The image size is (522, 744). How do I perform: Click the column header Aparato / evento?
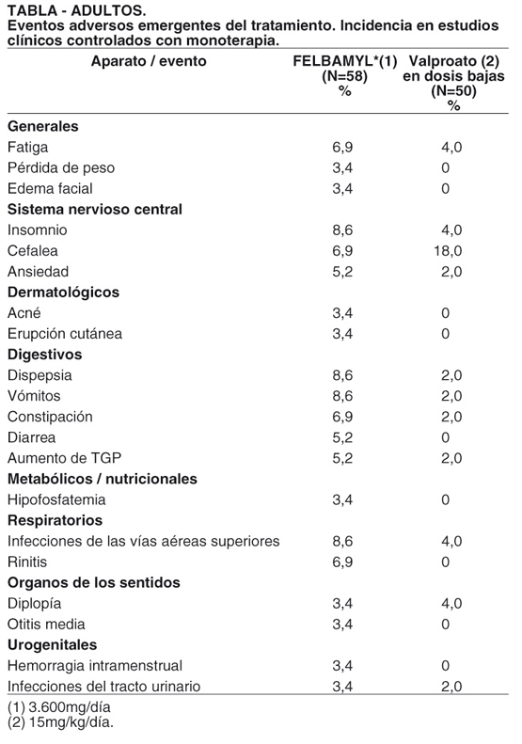pos(149,61)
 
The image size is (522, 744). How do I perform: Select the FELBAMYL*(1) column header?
pos(345,61)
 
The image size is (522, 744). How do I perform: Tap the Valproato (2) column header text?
pos(454,61)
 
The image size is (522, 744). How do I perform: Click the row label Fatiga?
pos(27,147)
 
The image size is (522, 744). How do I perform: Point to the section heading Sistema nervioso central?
pos(95,209)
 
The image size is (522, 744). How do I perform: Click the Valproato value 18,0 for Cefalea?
pos(448,250)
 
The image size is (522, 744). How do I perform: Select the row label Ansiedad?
pos(38,272)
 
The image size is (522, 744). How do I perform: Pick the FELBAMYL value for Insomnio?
pos(342,230)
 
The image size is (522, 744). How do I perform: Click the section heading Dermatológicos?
pos(63,293)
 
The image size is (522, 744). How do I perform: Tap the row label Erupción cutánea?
pos(65,334)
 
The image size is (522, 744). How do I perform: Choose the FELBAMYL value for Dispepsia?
pos(342,375)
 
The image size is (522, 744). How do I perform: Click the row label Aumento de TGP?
pos(64,458)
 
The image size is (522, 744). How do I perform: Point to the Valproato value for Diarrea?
pos(445,437)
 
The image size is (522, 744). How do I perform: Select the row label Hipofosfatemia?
pos(56,499)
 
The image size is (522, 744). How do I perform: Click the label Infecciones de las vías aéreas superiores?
pos(143,541)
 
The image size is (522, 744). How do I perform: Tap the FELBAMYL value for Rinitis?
pos(342,562)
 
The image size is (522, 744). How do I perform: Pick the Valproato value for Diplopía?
pos(451,604)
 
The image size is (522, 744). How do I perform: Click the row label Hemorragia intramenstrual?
pos(95,666)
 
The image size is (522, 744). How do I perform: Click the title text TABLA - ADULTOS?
pos(77,10)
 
